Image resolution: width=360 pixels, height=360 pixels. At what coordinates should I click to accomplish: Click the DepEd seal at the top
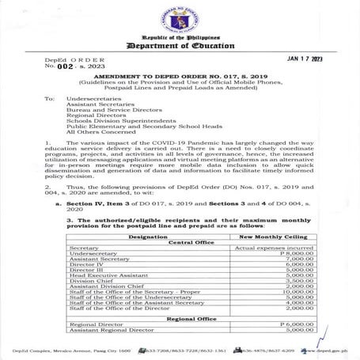(x=180, y=20)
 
